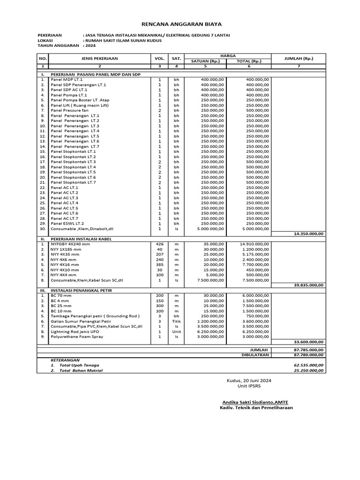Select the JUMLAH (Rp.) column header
[x=299, y=59]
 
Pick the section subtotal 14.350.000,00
[x=308, y=233]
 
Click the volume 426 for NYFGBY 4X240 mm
[x=159, y=244]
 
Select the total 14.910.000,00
[x=254, y=244]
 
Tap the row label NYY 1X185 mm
[x=66, y=249]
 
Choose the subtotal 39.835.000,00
[x=308, y=285]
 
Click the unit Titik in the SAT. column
[x=176, y=321]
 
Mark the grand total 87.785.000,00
[x=308, y=350]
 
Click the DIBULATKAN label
[x=256, y=355]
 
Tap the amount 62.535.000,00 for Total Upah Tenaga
[x=308, y=365]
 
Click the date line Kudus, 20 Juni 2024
[x=248, y=380]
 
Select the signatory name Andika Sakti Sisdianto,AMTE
[x=256, y=402]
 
